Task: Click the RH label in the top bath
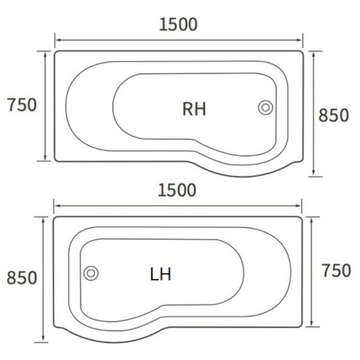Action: [x=194, y=109]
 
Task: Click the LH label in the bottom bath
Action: [x=160, y=274]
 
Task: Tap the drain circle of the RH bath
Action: [x=265, y=108]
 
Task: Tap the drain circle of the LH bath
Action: [x=91, y=273]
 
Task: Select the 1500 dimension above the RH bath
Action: [x=178, y=24]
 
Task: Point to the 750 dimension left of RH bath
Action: [x=22, y=105]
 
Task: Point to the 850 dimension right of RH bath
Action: [x=334, y=116]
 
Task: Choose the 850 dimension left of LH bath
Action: [x=22, y=278]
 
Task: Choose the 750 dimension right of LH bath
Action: [x=336, y=271]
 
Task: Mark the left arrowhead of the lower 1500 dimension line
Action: [x=56, y=206]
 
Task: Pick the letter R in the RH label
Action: [x=188, y=109]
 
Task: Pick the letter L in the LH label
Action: [x=154, y=274]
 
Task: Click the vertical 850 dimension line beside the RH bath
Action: [x=314, y=114]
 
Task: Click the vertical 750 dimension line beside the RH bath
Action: [x=46, y=106]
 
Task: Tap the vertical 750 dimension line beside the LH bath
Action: [x=312, y=272]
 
